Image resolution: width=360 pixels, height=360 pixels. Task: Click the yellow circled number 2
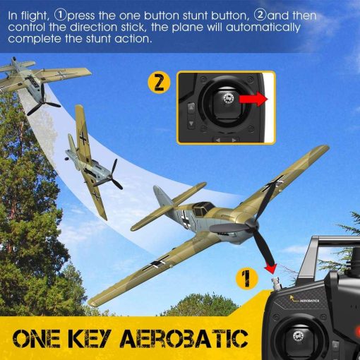point(160,83)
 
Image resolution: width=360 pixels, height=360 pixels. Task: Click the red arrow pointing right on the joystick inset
point(252,100)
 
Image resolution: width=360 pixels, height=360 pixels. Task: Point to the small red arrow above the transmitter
point(269,268)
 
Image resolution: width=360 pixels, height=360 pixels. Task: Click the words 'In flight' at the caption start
point(25,15)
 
